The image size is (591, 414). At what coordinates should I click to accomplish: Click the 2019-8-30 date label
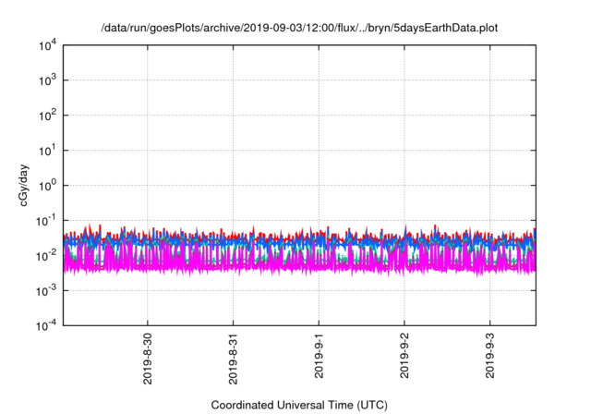tap(148, 356)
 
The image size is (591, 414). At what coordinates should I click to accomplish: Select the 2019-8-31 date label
tap(234, 356)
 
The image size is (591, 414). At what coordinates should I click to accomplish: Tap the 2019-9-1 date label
tap(319, 353)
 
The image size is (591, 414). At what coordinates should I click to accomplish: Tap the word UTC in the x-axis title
tap(371, 405)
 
